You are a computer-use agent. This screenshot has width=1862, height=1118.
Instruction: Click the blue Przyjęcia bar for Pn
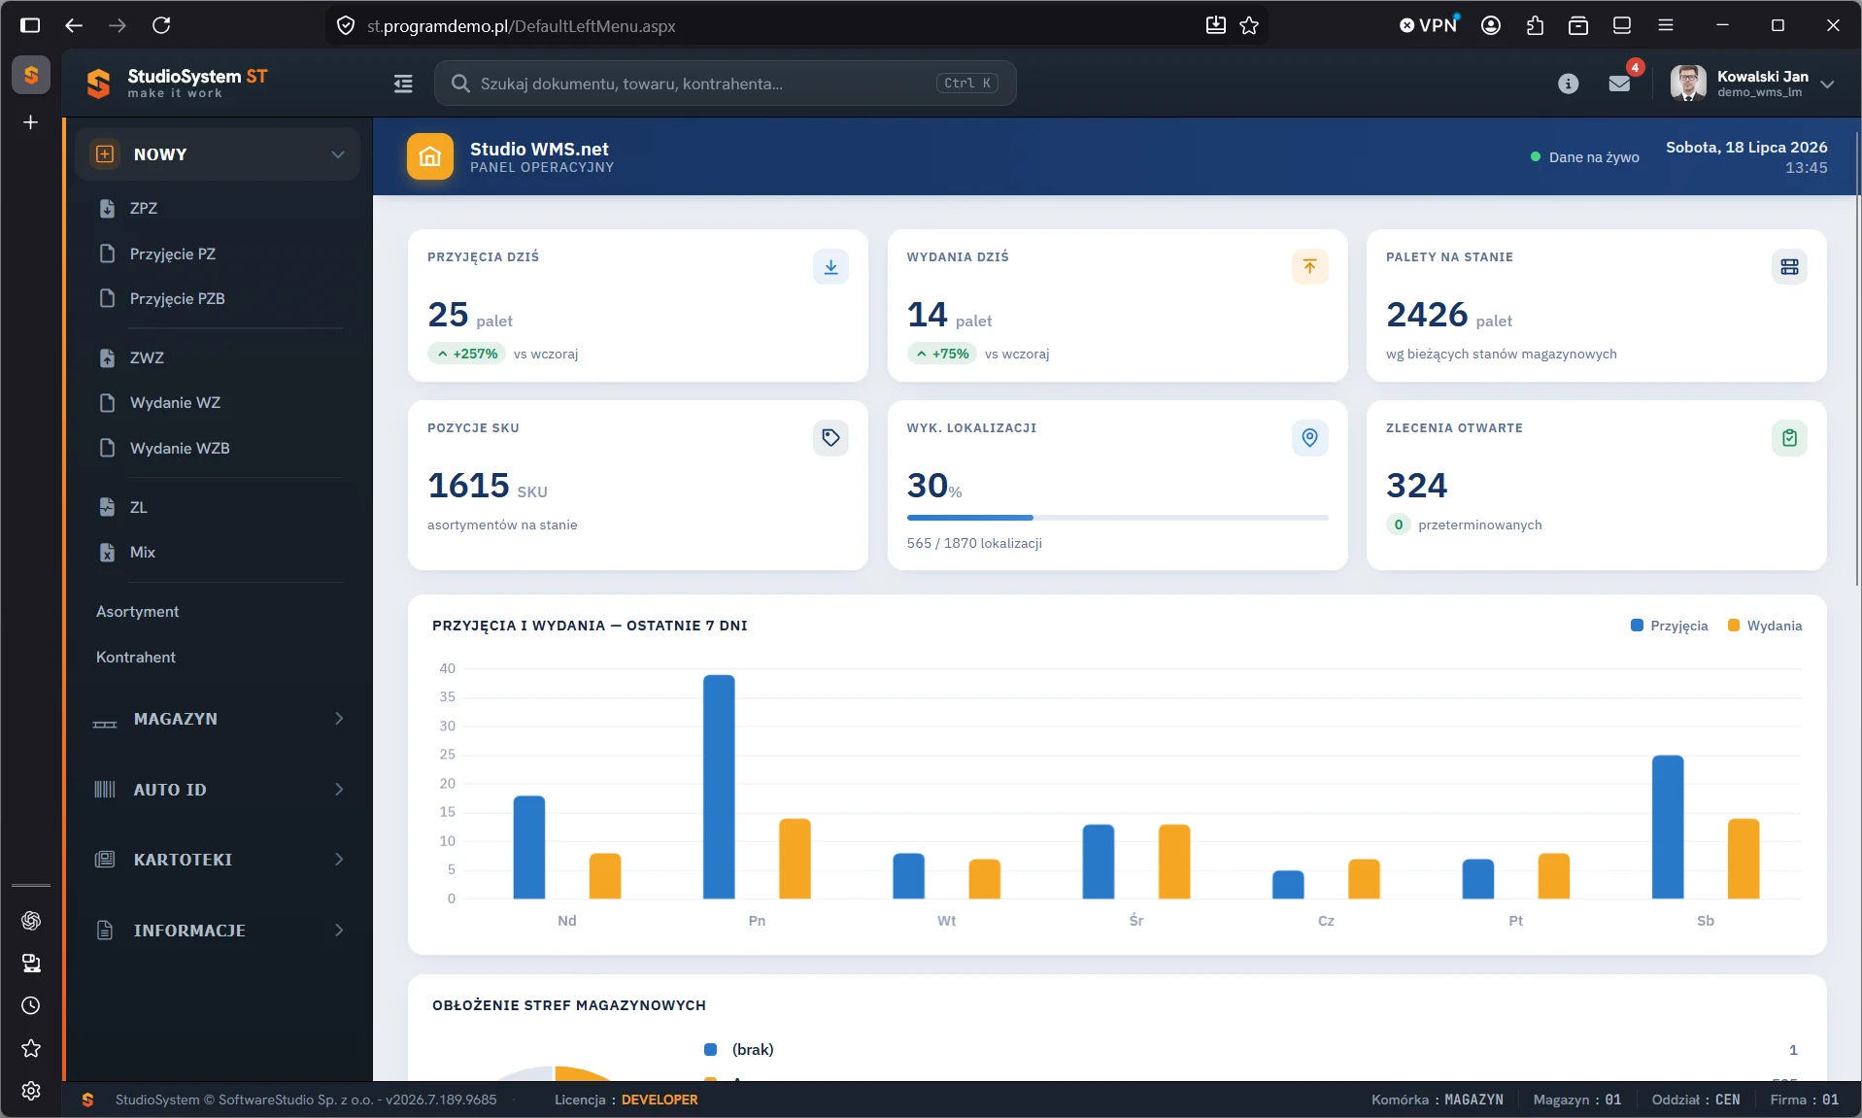click(719, 787)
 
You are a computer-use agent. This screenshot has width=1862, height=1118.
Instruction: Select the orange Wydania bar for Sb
click(1744, 859)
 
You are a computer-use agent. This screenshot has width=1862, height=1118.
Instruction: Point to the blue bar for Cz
click(1288, 885)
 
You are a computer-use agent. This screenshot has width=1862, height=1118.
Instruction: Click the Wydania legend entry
click(1765, 626)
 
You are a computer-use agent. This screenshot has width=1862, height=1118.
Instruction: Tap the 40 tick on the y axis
click(447, 668)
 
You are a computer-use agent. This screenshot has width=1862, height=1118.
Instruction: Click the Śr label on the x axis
click(1136, 921)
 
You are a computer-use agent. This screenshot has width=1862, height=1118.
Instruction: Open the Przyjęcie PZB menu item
click(177, 298)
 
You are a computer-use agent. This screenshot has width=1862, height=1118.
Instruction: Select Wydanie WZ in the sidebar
click(175, 402)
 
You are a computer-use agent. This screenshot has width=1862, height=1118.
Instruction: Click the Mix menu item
click(142, 552)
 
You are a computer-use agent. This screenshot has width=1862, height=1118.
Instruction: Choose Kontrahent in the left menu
click(136, 657)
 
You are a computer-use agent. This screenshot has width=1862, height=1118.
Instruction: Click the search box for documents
click(725, 84)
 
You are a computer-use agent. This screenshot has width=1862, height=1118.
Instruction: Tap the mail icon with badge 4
click(1619, 84)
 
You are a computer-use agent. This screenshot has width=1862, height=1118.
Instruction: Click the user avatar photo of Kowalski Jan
click(1688, 84)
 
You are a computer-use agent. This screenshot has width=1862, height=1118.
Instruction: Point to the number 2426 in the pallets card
click(1427, 315)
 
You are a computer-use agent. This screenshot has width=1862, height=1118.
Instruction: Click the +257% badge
click(467, 354)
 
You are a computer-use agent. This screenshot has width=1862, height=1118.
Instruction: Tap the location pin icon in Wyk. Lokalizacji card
click(1309, 438)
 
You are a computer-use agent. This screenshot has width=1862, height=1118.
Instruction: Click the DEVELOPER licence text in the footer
click(660, 1100)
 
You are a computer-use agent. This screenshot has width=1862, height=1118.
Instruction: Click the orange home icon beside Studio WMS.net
click(430, 156)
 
